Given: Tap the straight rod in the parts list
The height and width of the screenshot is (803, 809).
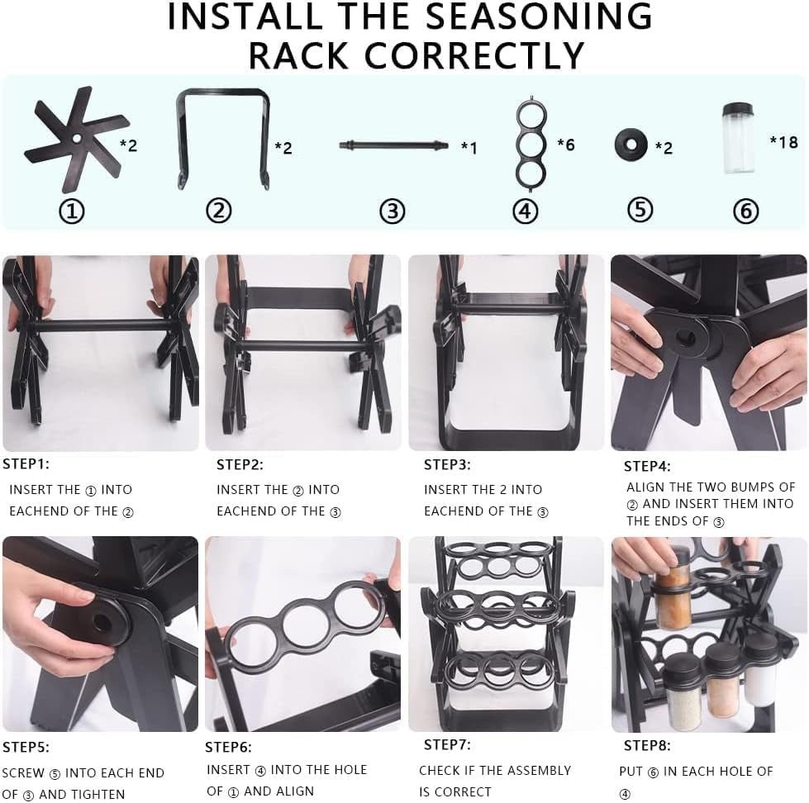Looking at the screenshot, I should pyautogui.click(x=393, y=145).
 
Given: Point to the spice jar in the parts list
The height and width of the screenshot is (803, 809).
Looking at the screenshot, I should pyautogui.click(x=738, y=138).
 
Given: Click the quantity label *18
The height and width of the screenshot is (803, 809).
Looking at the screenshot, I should pyautogui.click(x=783, y=142).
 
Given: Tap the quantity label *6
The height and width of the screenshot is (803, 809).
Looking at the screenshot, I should pyautogui.click(x=565, y=145).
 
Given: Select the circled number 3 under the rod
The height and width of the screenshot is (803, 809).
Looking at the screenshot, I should pyautogui.click(x=392, y=211).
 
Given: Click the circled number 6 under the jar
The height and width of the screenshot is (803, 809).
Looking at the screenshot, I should pyautogui.click(x=745, y=211).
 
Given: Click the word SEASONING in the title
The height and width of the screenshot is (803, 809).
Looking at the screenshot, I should pyautogui.click(x=539, y=17).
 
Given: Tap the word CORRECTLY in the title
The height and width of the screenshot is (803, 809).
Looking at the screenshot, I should pyautogui.click(x=474, y=55).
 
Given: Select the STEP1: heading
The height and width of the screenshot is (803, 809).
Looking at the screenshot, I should pyautogui.click(x=26, y=463).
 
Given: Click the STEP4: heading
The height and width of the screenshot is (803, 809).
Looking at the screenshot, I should pyautogui.click(x=647, y=467).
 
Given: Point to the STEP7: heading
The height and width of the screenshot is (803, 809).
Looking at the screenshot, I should pyautogui.click(x=447, y=744).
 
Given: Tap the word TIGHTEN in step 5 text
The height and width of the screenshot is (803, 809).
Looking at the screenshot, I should pyautogui.click(x=96, y=794).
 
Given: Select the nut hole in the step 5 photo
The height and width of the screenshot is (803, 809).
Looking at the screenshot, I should pyautogui.click(x=102, y=616).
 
